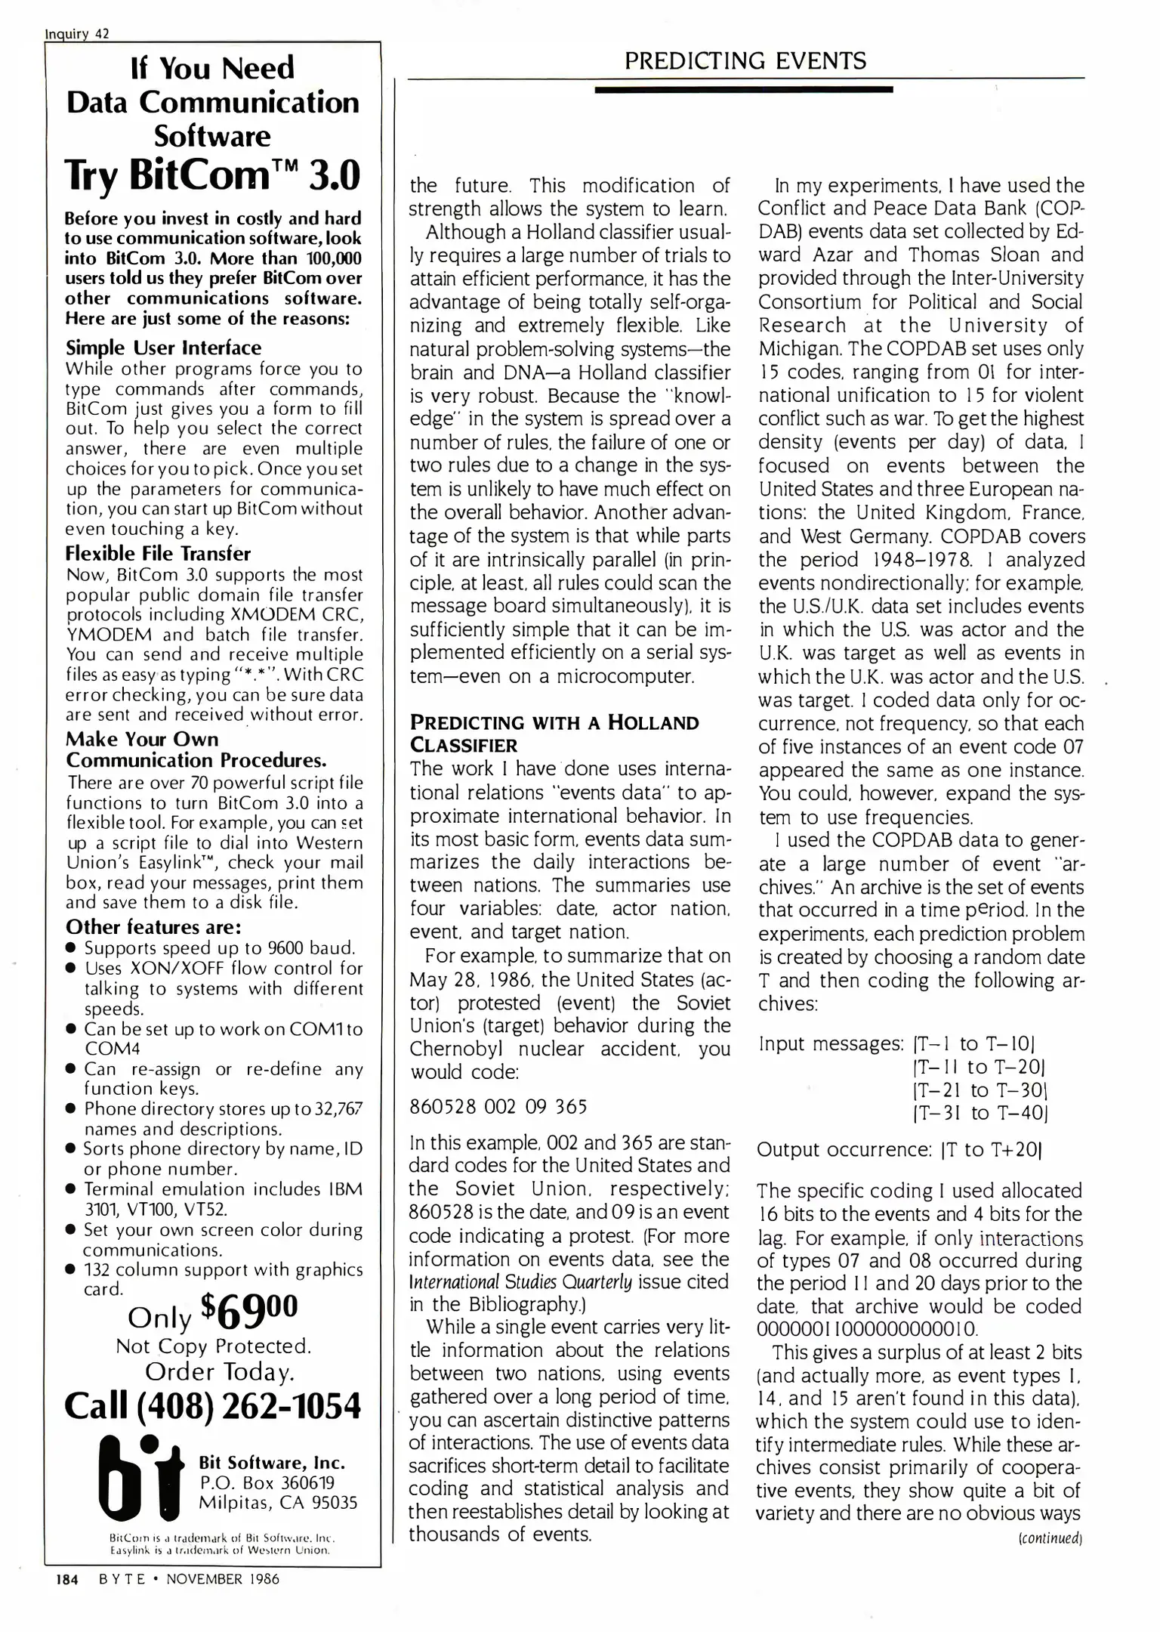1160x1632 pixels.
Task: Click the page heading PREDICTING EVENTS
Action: click(x=745, y=60)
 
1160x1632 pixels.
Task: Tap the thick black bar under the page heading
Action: click(x=743, y=89)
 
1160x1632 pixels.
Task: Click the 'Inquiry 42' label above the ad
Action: click(x=77, y=33)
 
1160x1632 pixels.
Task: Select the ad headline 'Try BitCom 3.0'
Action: click(x=212, y=176)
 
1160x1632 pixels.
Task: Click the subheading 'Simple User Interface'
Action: click(x=163, y=348)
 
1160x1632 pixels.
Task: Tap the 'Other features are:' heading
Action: click(x=153, y=926)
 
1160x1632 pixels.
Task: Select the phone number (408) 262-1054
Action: click(x=213, y=1406)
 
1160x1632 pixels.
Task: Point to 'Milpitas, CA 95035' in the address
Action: click(x=277, y=1502)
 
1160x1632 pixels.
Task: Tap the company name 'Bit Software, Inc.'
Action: click(x=271, y=1462)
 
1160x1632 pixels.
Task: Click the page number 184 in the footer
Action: click(x=67, y=1579)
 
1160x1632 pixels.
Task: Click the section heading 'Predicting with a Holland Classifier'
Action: click(x=554, y=734)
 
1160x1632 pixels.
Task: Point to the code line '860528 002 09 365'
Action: click(x=498, y=1107)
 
